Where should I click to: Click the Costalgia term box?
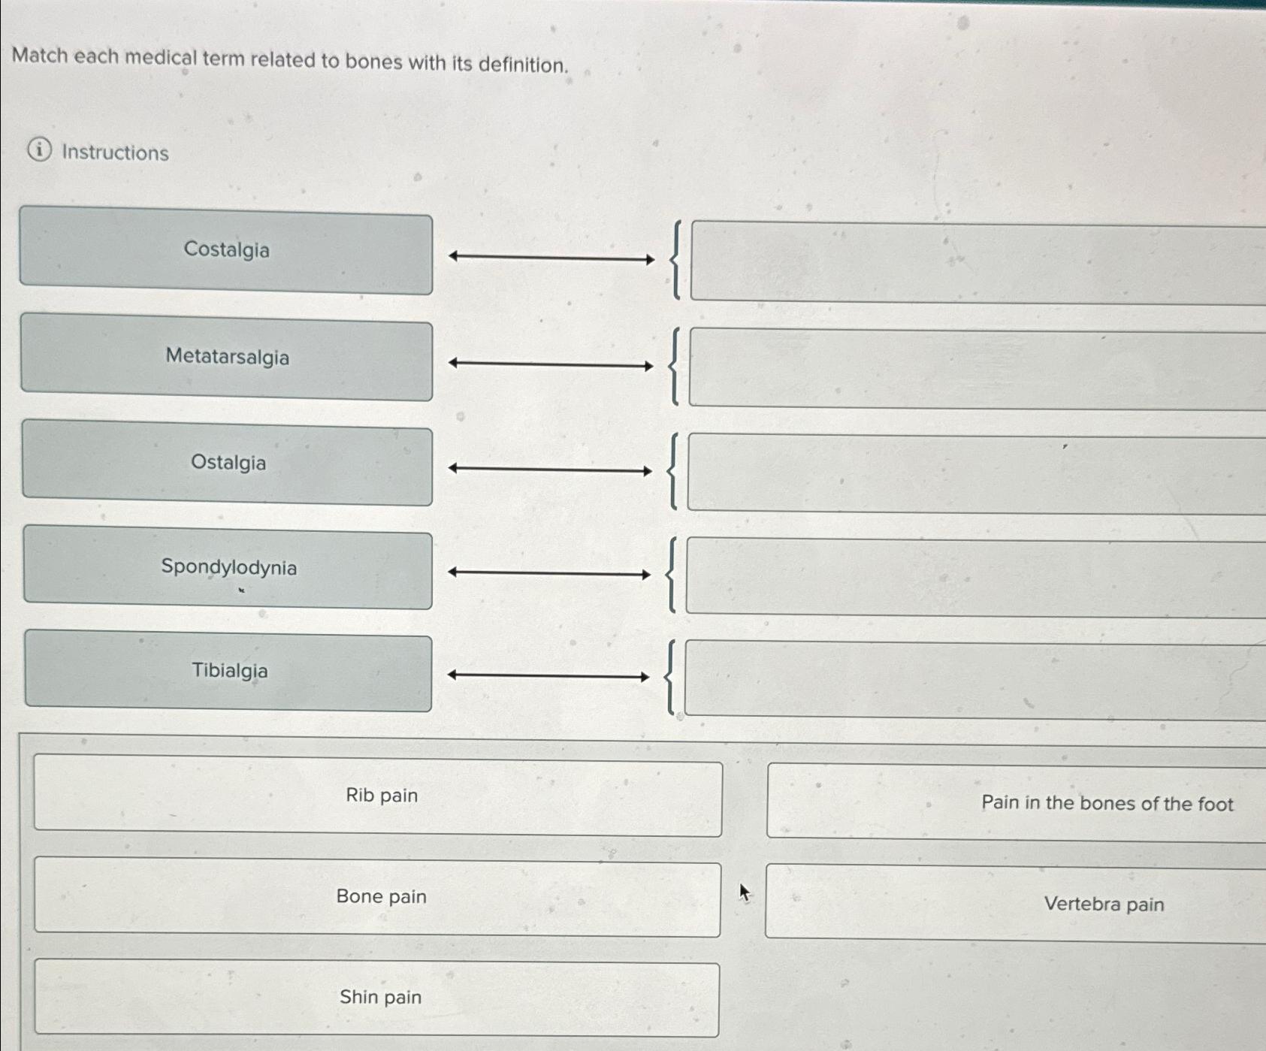tap(226, 251)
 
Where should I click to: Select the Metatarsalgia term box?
tap(227, 358)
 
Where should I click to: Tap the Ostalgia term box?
tap(228, 464)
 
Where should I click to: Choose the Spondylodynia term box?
tap(228, 568)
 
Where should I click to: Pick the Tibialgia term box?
tap(229, 672)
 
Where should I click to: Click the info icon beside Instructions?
tap(40, 151)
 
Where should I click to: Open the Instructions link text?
tap(115, 153)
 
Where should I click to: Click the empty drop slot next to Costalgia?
tap(977, 263)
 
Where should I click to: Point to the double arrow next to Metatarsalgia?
tap(551, 365)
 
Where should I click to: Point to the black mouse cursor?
tap(744, 892)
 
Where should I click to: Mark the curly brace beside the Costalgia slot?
tap(677, 260)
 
